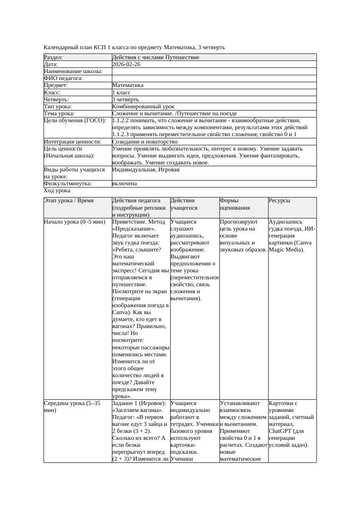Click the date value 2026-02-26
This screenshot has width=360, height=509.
tap(126, 64)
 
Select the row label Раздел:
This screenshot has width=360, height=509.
tap(54, 57)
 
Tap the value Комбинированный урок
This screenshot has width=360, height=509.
tap(143, 107)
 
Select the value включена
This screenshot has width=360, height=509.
tap(124, 184)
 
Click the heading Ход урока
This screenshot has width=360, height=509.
tap(57, 191)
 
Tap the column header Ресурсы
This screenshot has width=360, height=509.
tap(279, 201)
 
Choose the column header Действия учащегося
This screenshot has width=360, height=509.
tap(182, 204)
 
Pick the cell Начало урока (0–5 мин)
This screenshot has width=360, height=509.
tap(74, 222)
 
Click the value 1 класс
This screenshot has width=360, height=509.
tap(121, 93)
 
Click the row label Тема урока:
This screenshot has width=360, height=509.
tap(59, 114)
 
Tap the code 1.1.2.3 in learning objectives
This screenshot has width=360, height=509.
tap(121, 134)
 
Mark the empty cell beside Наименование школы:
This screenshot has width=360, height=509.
tap(213, 71)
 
